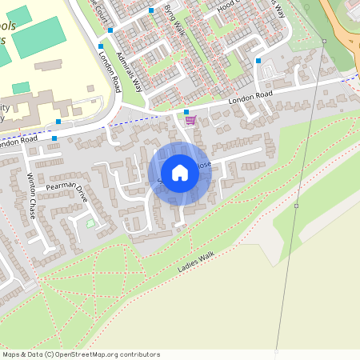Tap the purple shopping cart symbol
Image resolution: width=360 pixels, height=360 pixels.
pyautogui.click(x=190, y=121)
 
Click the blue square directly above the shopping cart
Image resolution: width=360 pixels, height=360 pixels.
pyautogui.click(x=186, y=112)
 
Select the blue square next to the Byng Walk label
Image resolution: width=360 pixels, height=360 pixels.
pyautogui.click(x=151, y=10)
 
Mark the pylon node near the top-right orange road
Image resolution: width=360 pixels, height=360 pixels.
pyautogui.click(x=324, y=40)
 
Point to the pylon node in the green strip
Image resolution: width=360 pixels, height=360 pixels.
pyautogui.click(x=296, y=206)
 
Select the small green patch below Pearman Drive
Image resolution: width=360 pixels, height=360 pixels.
pyautogui.click(x=90, y=223)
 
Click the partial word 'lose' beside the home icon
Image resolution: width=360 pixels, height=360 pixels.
pyautogui.click(x=205, y=165)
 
